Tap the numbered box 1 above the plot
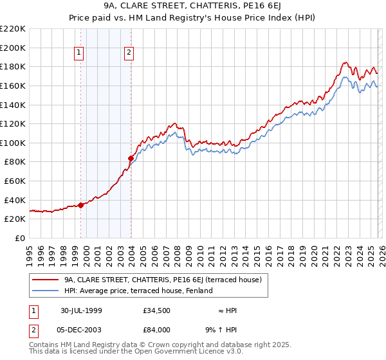click(78, 53)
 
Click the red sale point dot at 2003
click(131, 157)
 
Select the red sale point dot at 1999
click(81, 205)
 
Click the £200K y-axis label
click(14, 48)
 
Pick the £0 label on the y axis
click(19, 238)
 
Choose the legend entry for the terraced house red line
click(162, 280)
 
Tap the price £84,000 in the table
click(157, 330)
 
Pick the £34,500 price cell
click(157, 310)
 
